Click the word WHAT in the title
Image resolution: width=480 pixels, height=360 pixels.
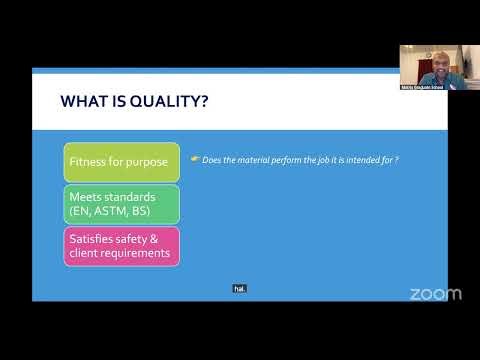(82, 101)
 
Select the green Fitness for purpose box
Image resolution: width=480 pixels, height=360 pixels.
(122, 162)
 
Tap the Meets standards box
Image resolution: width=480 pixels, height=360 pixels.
(122, 204)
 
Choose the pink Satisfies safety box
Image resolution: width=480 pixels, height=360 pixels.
(122, 246)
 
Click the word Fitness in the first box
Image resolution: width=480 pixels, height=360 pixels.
(88, 162)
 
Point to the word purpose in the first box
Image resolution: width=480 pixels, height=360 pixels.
(149, 162)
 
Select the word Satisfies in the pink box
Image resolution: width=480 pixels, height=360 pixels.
(93, 239)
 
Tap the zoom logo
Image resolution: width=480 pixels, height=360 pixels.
(436, 293)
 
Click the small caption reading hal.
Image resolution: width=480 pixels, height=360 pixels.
(239, 288)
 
